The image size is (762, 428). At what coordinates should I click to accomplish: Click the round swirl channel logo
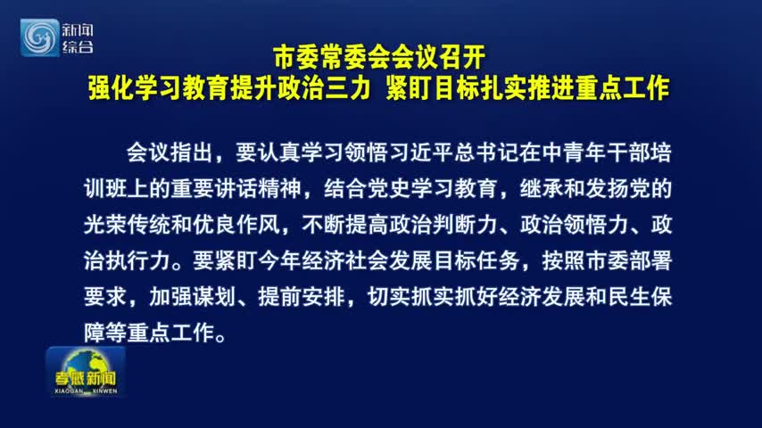click(39, 37)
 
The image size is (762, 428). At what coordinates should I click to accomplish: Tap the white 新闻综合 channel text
click(78, 37)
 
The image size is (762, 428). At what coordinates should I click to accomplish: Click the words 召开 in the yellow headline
click(461, 57)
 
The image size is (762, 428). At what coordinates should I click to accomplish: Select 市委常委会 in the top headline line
click(332, 57)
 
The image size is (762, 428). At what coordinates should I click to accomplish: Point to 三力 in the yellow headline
click(347, 88)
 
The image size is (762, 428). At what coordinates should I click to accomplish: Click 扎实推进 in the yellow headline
click(527, 88)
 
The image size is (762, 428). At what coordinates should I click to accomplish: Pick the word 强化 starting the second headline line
click(112, 88)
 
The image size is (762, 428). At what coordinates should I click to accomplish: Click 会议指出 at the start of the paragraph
click(170, 152)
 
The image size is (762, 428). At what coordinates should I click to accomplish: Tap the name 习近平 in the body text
click(421, 152)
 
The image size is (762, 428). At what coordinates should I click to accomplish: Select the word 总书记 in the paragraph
click(487, 152)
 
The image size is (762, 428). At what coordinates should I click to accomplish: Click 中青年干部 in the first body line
click(596, 152)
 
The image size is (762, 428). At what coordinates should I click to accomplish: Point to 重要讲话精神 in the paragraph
click(236, 188)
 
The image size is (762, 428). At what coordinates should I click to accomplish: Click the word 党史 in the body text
click(389, 188)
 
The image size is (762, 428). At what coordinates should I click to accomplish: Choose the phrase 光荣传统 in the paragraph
click(127, 225)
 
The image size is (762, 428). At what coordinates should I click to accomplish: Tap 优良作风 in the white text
click(236, 225)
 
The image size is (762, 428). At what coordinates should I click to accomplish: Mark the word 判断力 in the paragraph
click(465, 225)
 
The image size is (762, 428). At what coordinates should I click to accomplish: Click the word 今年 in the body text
click(279, 260)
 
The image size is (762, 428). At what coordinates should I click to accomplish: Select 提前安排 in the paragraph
click(302, 296)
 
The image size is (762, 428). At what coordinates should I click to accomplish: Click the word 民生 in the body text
click(629, 296)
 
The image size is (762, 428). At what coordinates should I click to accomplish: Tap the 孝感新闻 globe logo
click(86, 372)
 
